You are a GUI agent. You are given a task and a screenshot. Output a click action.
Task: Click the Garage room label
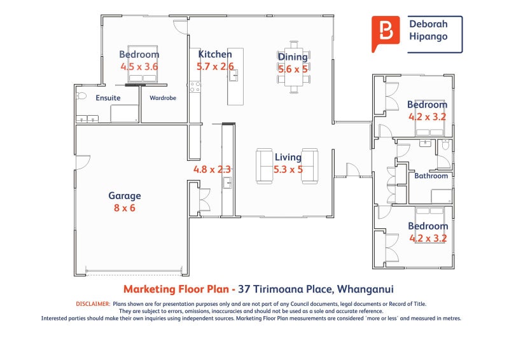pos(125,196)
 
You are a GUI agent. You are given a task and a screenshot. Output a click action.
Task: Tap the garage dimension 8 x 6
pos(125,207)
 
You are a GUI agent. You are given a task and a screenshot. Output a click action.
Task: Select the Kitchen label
pos(215,55)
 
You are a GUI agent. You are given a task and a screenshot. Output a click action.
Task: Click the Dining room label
pos(293,57)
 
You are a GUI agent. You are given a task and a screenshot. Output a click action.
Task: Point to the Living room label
pos(288,157)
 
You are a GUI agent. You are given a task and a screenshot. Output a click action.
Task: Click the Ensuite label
pos(108,98)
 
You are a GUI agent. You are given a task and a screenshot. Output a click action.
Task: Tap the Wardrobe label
pos(163,98)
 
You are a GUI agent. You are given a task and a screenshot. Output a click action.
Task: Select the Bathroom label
pos(431,176)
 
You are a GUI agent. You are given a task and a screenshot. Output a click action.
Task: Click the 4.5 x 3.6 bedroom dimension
pos(139,66)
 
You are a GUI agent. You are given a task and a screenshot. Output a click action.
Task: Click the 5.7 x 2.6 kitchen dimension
pos(215,66)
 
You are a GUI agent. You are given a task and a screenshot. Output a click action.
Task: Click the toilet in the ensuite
pos(80,97)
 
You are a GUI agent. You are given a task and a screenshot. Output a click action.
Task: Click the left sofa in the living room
pos(264,166)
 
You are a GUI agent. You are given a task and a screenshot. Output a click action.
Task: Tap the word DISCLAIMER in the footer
pos(93,304)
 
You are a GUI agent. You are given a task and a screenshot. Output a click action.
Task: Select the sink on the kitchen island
pos(234,77)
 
